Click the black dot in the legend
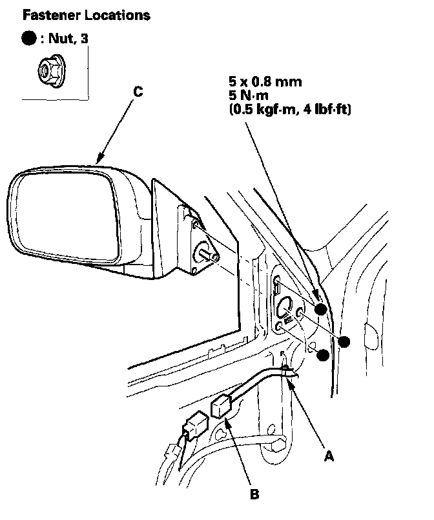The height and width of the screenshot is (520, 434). point(30,39)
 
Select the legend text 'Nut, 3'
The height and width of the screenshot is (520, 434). point(68,39)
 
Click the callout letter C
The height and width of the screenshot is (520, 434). point(138,92)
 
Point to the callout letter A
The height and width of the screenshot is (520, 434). point(329,455)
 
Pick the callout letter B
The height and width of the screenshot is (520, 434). point(254,495)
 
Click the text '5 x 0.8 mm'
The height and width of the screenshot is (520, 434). point(265,83)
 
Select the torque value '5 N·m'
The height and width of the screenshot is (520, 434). point(248,96)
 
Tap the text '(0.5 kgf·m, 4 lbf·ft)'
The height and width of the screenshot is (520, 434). point(289,110)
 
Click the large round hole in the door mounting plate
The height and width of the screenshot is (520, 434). point(286,308)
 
